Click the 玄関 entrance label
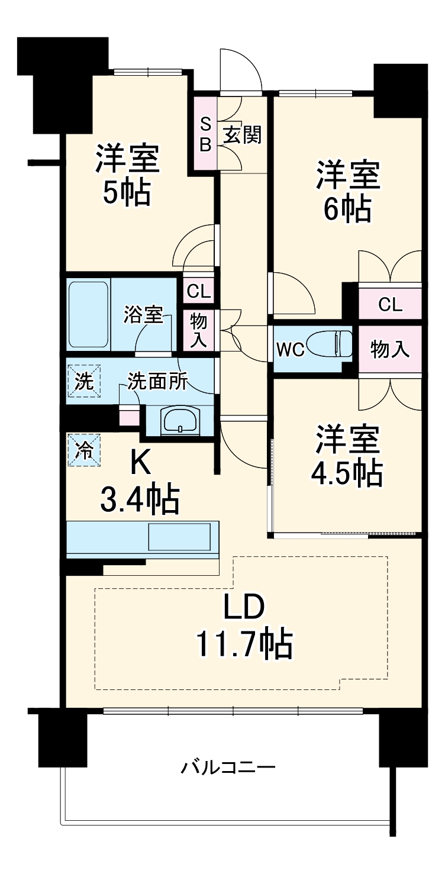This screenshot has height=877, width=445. pyautogui.click(x=242, y=136)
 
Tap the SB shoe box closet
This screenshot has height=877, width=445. pyautogui.click(x=205, y=134)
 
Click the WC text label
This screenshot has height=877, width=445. pyautogui.click(x=290, y=350)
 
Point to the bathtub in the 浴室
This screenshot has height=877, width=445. pyautogui.click(x=89, y=315)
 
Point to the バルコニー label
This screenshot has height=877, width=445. pyautogui.click(x=228, y=769)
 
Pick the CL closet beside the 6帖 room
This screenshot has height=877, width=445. pyautogui.click(x=390, y=305)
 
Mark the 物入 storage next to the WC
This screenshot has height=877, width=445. pyautogui.click(x=390, y=349)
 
